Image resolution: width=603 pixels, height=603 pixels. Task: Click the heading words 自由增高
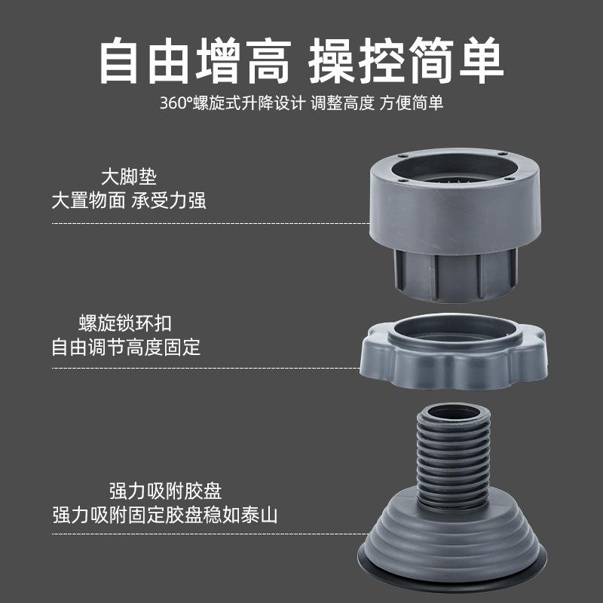click(194, 62)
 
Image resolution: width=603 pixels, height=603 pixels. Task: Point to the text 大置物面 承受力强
click(128, 201)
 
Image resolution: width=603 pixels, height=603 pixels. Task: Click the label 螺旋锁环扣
click(126, 324)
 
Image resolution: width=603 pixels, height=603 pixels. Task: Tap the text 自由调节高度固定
click(126, 347)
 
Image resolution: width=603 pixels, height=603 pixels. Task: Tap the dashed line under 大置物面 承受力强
click(211, 224)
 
